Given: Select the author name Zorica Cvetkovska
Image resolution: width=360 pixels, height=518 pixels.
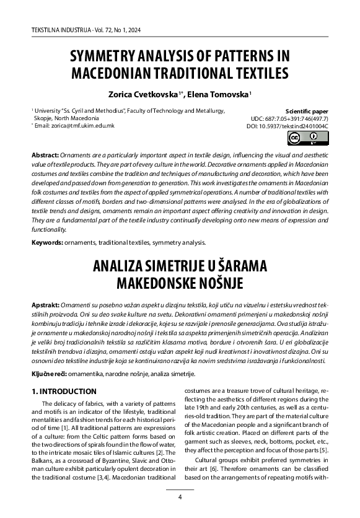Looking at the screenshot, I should [143, 94].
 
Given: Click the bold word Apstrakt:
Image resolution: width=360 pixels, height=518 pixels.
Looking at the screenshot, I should [46, 307].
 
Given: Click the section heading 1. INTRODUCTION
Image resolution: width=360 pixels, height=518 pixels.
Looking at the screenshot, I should [64, 392].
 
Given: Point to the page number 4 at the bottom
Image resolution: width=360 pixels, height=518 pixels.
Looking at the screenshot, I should [180, 497].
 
